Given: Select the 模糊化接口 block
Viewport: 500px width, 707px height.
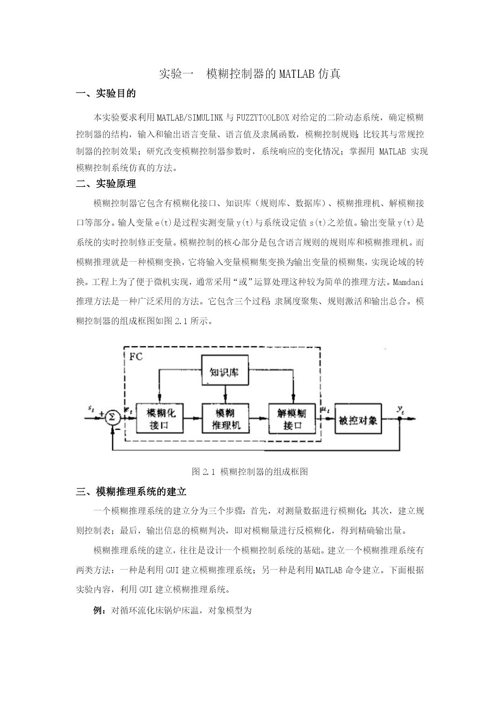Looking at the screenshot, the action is pyautogui.click(x=160, y=418).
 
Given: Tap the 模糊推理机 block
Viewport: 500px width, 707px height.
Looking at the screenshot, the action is pyautogui.click(x=225, y=418).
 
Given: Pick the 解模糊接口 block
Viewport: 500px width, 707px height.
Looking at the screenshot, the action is pyautogui.click(x=292, y=418).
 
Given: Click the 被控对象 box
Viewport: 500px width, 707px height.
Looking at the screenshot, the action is pyautogui.click(x=358, y=418).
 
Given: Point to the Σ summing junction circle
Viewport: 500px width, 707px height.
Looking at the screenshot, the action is pyautogui.click(x=113, y=418).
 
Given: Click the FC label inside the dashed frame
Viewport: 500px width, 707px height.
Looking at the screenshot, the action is pyautogui.click(x=136, y=357).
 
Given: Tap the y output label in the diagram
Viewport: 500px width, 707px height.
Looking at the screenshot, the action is pyautogui.click(x=400, y=410).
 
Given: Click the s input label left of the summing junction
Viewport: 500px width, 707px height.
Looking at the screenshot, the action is pyautogui.click(x=91, y=409).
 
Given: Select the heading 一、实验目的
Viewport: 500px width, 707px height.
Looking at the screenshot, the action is pyautogui.click(x=106, y=94).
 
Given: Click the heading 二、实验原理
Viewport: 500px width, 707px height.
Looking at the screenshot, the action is pyautogui.click(x=106, y=184).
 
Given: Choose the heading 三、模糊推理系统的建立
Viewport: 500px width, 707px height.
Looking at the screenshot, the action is pyautogui.click(x=131, y=492).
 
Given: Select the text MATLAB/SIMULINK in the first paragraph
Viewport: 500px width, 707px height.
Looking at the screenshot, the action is pyautogui.click(x=188, y=118).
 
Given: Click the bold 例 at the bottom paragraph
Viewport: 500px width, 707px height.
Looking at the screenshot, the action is pyautogui.click(x=98, y=610).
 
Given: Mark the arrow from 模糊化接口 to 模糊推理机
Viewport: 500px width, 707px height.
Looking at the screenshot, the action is pyautogui.click(x=193, y=418).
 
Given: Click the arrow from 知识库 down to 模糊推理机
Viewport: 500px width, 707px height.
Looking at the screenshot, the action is pyautogui.click(x=225, y=395).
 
